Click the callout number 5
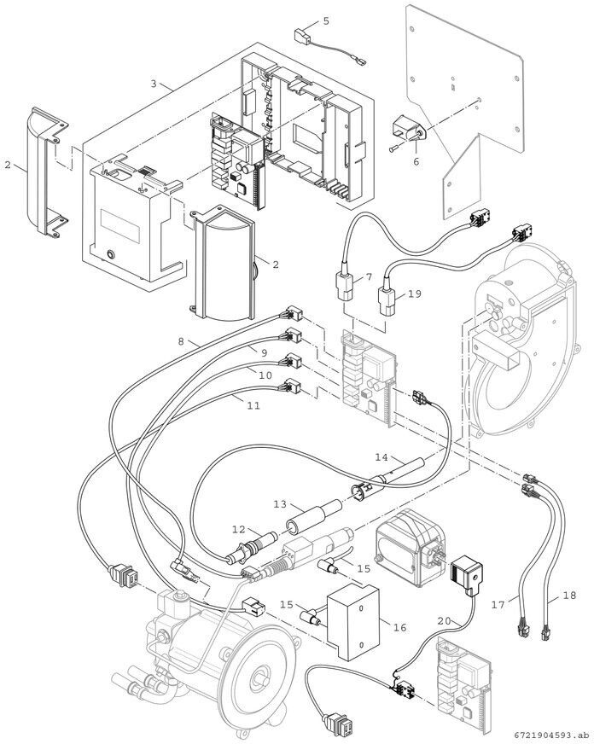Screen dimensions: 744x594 [x=325, y=20]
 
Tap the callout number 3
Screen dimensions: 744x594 [x=154, y=84]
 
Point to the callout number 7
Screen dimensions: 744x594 [x=370, y=277]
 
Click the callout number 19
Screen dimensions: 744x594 [x=415, y=294]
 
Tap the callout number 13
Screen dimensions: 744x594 [x=278, y=505]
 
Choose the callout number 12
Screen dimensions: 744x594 [x=240, y=530]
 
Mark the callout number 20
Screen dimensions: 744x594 [x=443, y=621]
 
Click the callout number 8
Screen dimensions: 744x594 [x=181, y=342]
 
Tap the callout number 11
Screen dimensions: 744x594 [x=253, y=407]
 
